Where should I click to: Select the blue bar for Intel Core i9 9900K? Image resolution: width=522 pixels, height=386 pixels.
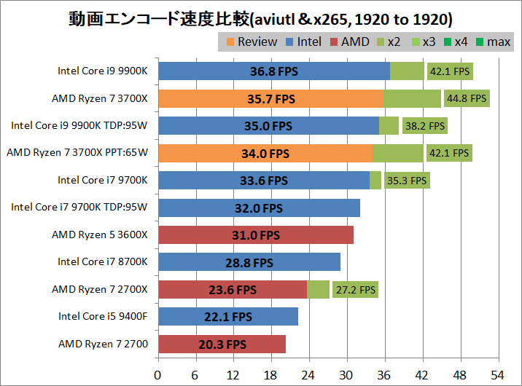(x=274, y=71)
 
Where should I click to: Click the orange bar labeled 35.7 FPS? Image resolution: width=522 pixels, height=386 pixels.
(x=270, y=98)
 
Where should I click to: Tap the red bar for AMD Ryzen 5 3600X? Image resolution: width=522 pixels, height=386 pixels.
(x=256, y=235)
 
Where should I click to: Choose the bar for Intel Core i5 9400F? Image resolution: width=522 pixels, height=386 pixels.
(x=228, y=317)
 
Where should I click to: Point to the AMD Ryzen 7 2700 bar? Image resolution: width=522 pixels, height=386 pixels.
(x=222, y=344)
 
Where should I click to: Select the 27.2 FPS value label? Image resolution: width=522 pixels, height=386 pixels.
(x=356, y=290)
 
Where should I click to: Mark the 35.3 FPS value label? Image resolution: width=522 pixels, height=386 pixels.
(x=408, y=181)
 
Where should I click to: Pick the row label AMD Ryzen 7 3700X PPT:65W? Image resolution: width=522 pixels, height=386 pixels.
(x=77, y=153)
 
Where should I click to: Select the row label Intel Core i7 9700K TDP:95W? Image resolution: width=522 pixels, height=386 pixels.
(x=79, y=208)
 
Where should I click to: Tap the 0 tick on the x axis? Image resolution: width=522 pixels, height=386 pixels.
(x=158, y=376)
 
